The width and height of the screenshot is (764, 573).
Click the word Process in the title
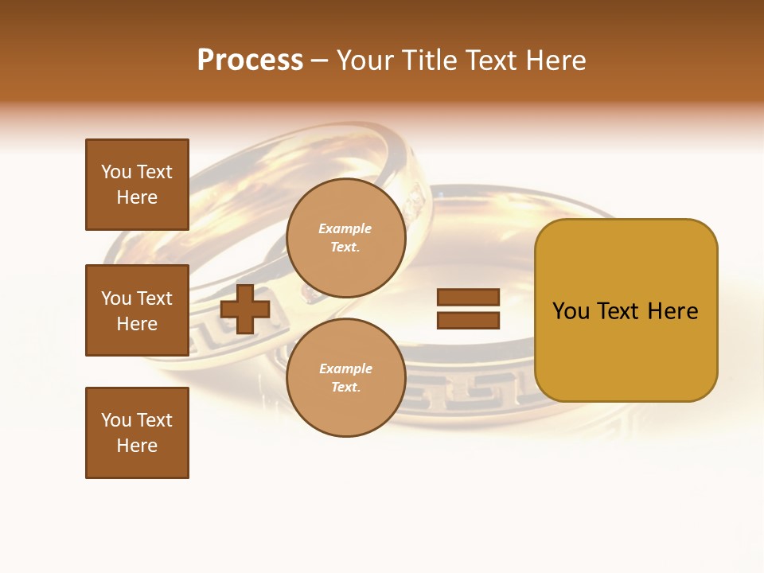pyautogui.click(x=250, y=60)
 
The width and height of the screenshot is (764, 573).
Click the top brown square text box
pyautogui.click(x=137, y=185)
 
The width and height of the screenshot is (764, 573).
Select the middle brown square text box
pyautogui.click(x=137, y=310)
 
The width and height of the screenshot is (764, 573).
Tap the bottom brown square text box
pyautogui.click(x=137, y=433)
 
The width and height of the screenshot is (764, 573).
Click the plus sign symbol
pyautogui.click(x=245, y=309)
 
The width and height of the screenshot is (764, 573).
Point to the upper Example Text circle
pyautogui.click(x=345, y=238)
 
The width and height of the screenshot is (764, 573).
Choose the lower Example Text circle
pyautogui.click(x=345, y=378)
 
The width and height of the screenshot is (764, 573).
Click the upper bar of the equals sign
pyautogui.click(x=468, y=298)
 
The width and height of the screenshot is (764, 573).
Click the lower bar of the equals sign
pyautogui.click(x=468, y=321)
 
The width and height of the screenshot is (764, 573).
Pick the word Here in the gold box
pyautogui.click(x=672, y=311)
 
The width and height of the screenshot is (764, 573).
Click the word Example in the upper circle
pyautogui.click(x=345, y=229)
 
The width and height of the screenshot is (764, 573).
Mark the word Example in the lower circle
pyautogui.click(x=345, y=369)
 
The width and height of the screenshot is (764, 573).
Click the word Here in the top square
pyautogui.click(x=137, y=198)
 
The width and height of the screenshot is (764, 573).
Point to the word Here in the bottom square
pyautogui.click(x=137, y=446)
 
